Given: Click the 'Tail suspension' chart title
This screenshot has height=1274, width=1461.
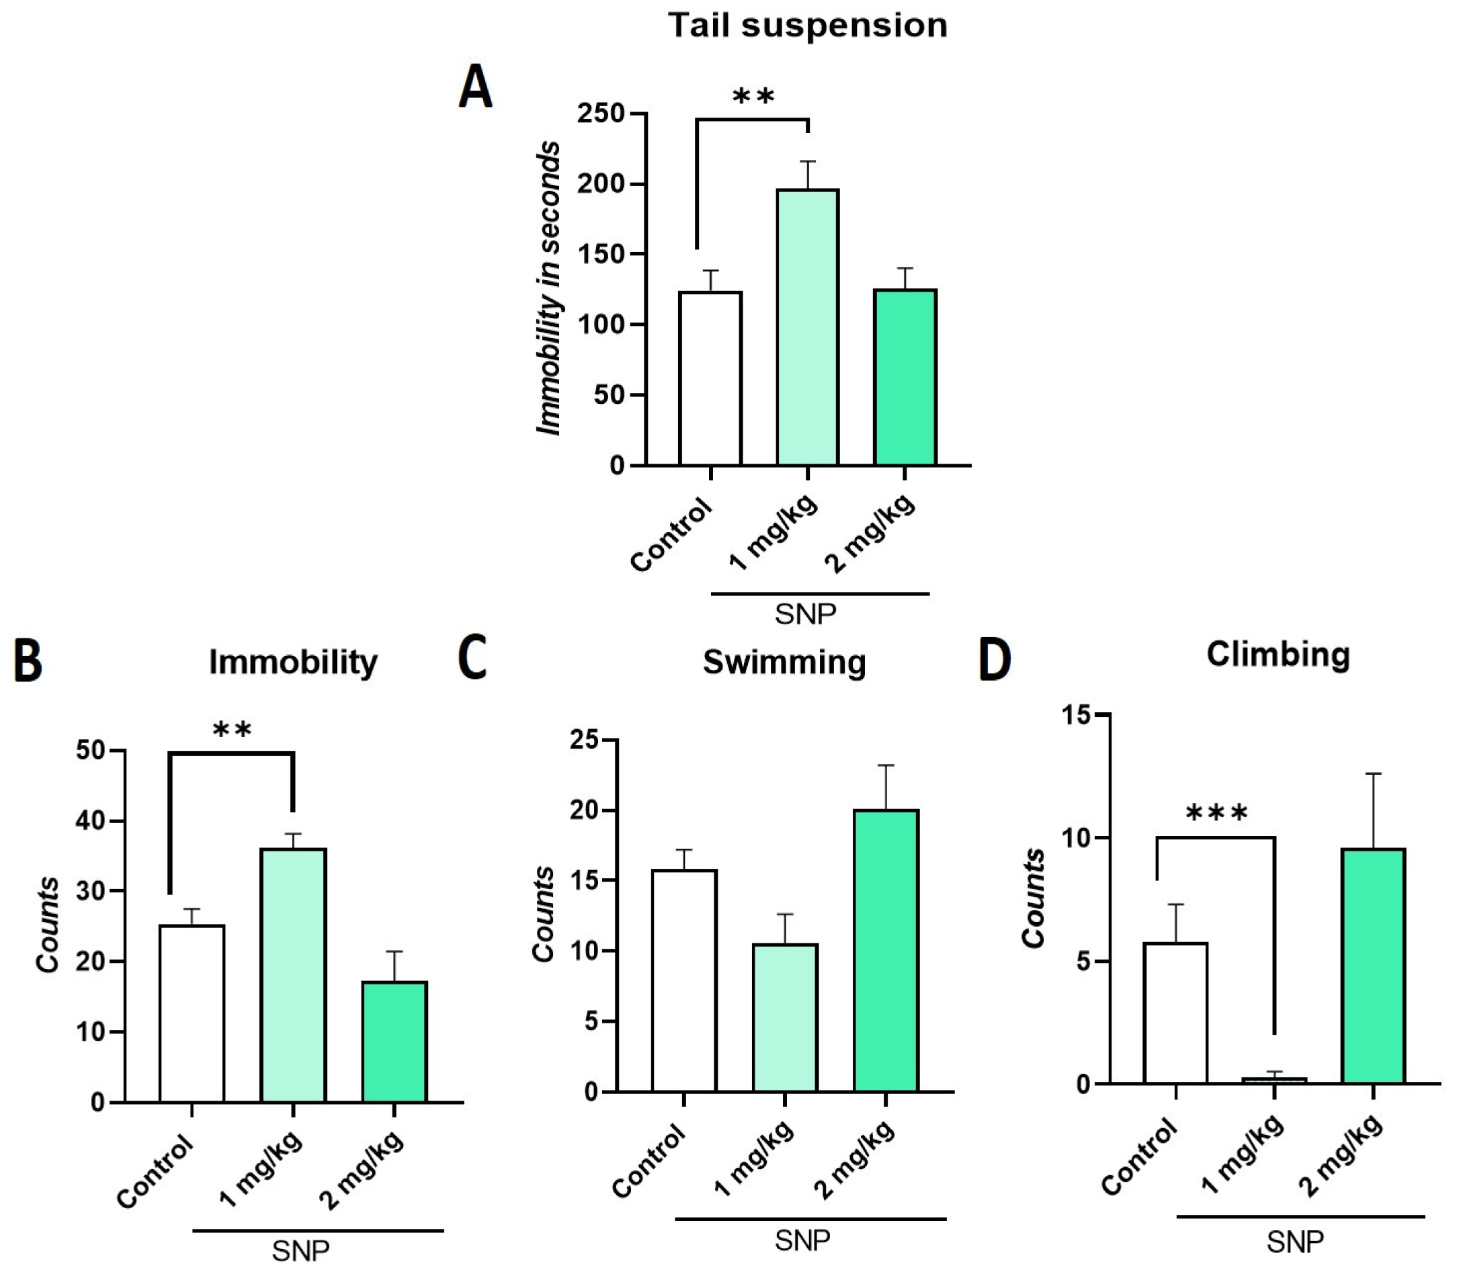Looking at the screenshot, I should click(x=807, y=26).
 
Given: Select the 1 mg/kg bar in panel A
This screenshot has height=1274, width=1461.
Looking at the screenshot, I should click(x=808, y=327).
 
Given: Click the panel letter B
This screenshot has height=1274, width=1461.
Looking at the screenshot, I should click(x=28, y=661).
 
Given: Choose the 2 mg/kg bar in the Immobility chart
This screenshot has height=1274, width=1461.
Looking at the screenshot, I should click(x=394, y=1041).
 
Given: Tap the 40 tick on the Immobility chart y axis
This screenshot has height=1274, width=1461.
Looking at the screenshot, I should click(x=90, y=821).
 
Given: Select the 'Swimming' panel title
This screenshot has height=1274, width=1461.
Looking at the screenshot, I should click(x=784, y=663).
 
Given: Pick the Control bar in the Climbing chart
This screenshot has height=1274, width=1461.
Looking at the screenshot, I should click(x=1175, y=1013).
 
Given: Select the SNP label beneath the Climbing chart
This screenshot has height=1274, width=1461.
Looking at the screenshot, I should click(x=1294, y=1242).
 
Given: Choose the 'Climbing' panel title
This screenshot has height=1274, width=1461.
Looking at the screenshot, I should click(x=1278, y=654).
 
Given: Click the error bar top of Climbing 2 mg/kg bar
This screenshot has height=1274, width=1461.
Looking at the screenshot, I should click(x=1373, y=773).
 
